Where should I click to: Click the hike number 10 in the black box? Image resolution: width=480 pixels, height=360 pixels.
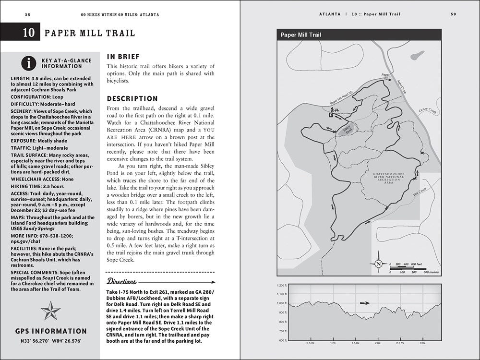(28, 33)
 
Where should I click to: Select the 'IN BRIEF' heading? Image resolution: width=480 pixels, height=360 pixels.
(123, 57)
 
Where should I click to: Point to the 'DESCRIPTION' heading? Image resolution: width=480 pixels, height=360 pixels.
(132, 98)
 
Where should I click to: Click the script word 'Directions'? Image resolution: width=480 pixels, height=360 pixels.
(122, 281)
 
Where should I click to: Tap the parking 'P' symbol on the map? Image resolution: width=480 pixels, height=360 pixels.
(331, 115)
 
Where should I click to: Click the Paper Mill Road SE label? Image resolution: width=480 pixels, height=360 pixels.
(342, 98)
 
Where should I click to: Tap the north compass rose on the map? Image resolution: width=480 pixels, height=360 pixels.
(379, 264)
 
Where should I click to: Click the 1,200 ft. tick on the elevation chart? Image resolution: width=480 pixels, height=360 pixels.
(281, 285)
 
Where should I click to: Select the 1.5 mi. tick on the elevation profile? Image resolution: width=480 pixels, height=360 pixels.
(355, 343)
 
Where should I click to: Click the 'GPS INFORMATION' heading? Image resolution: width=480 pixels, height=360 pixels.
(51, 331)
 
